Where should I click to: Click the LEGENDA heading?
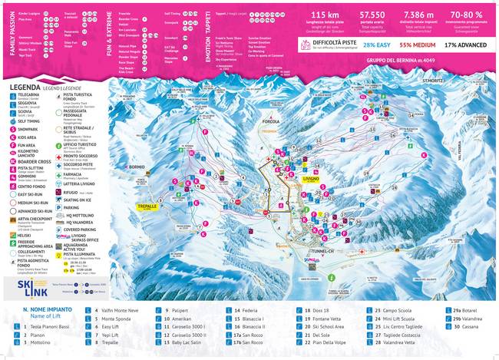tap(25, 88)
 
